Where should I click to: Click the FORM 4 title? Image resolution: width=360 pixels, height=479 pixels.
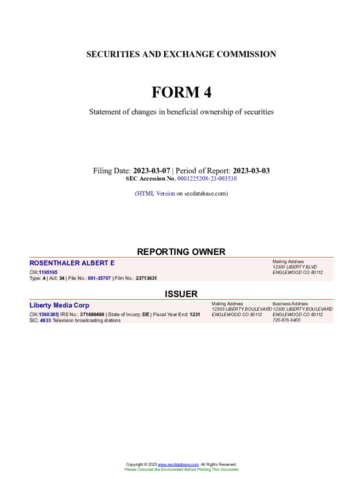pyautogui.click(x=181, y=93)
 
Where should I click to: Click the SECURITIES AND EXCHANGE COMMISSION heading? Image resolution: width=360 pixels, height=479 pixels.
pyautogui.click(x=181, y=54)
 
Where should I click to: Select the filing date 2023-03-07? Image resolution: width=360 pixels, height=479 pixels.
pyautogui.click(x=151, y=171)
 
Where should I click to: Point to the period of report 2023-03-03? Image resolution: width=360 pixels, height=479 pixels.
pyautogui.click(x=251, y=171)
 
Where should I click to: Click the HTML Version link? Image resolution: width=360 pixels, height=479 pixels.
pyautogui.click(x=156, y=193)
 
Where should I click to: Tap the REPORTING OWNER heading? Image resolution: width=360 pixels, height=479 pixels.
pyautogui.click(x=181, y=252)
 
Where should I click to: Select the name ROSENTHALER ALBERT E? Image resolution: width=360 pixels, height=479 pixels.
pyautogui.click(x=72, y=263)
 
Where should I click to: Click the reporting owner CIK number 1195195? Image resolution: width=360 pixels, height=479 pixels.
pyautogui.click(x=48, y=272)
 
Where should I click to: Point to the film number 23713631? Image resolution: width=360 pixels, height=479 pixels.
pyautogui.click(x=146, y=278)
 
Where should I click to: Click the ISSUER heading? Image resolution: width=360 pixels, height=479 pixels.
pyautogui.click(x=181, y=294)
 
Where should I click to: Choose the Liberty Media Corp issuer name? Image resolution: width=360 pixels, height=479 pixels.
pyautogui.click(x=59, y=305)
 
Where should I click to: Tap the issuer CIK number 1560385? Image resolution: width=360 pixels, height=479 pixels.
pyautogui.click(x=48, y=314)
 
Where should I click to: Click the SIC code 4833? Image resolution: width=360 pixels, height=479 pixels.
pyautogui.click(x=45, y=320)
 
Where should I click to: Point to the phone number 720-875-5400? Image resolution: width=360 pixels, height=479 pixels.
pyautogui.click(x=286, y=320)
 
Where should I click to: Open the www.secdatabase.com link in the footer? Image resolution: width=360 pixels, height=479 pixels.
pyautogui.click(x=179, y=464)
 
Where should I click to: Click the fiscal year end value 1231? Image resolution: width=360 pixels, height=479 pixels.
pyautogui.click(x=194, y=314)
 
